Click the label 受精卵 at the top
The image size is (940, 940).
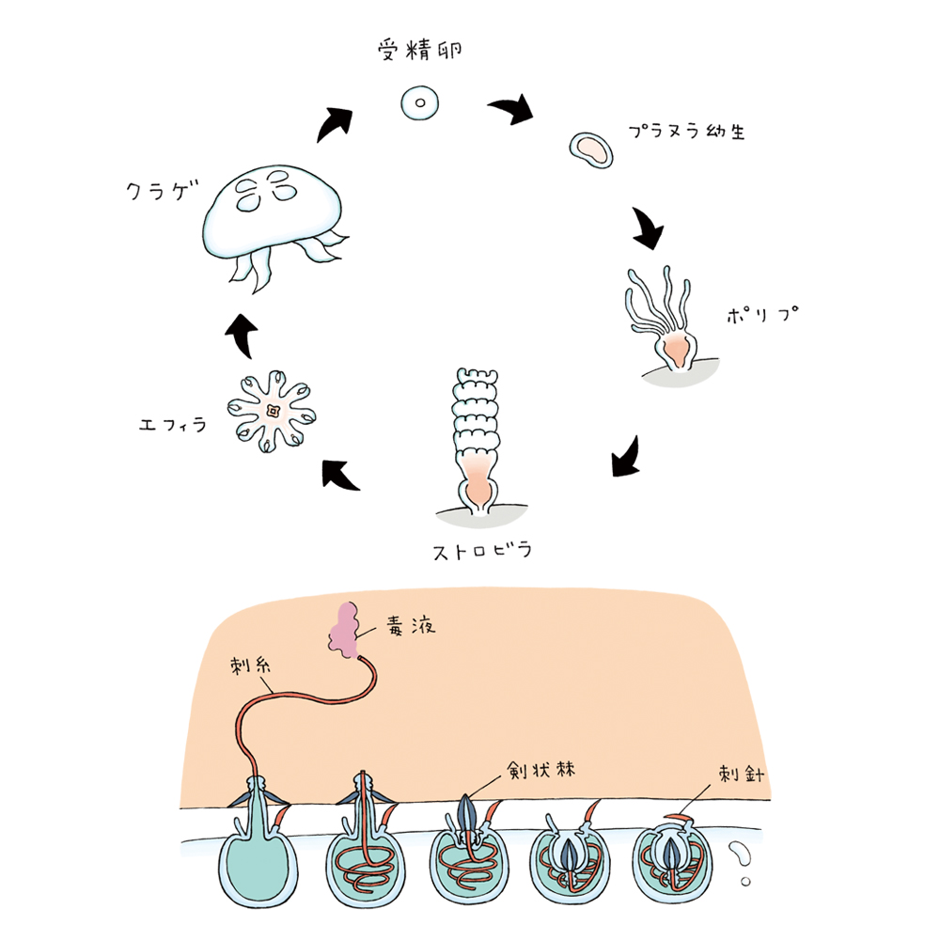pos(420,50)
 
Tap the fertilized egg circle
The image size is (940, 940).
pos(419,102)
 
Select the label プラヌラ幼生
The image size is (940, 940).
pos(686,131)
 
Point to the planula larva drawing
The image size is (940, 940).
pos(591,149)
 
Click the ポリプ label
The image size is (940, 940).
pos(762,314)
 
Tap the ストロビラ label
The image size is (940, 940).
pos(482,550)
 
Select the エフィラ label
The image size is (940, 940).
pos(173,425)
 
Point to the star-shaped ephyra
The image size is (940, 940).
pos(272,412)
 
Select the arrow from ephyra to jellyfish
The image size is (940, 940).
pos(242,336)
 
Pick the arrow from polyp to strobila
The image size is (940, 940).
pos(626,457)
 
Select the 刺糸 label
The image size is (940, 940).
pos(250,665)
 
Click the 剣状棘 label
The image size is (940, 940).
pos(540,770)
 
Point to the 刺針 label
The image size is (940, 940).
pos(742,774)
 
